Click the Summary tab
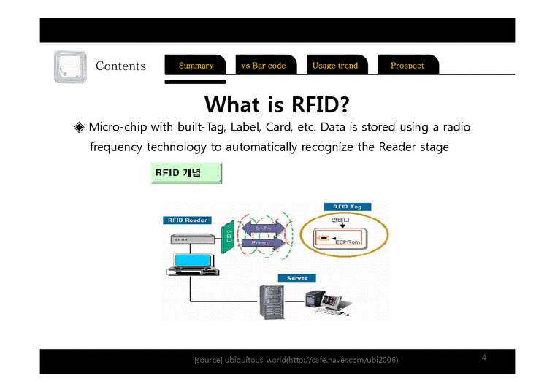pos(196,66)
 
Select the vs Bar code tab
pos(263,66)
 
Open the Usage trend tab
pos(334,66)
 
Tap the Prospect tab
pos(407,66)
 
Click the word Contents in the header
pos(120,66)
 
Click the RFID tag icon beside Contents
pos(70,67)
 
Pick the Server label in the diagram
pos(296,278)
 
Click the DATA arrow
pos(262,228)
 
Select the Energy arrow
pos(261,242)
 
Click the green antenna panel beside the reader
pos(229,235)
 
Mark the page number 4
pos(483,357)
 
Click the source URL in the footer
pos(343,361)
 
